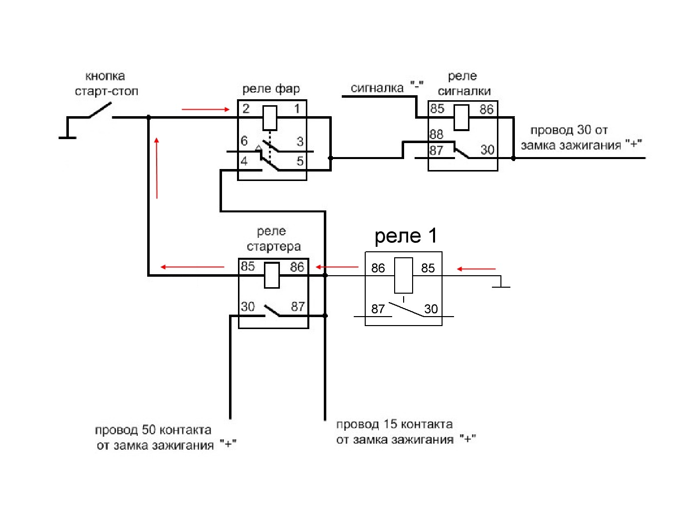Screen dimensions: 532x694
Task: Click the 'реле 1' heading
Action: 406,235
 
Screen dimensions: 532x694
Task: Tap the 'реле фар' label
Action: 271,89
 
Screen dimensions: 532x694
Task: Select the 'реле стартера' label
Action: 273,239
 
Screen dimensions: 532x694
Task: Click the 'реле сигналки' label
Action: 463,84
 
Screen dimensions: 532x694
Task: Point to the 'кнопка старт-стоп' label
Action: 106,84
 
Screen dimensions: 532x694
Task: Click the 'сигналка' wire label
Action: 377,88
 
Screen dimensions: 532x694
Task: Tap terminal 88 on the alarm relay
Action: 436,134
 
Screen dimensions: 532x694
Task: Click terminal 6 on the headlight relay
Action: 244,141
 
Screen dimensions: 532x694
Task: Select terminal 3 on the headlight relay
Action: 299,142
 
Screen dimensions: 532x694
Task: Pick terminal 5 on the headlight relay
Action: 299,161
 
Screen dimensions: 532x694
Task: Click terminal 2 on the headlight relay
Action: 245,109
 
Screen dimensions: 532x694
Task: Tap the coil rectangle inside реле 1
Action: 403,275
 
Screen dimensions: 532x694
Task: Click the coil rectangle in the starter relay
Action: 271,275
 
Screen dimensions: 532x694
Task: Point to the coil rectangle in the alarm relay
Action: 461,117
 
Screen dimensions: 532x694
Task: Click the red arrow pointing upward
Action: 157,168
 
